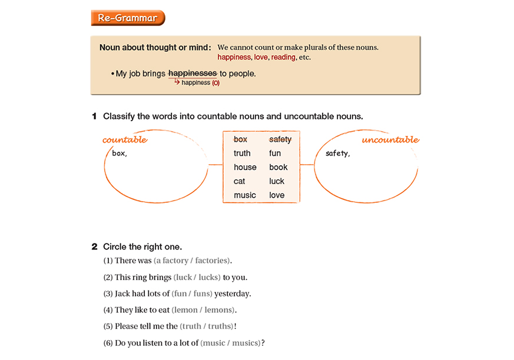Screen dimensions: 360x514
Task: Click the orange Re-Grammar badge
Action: coord(128,18)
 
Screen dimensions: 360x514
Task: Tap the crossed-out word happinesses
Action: coord(193,74)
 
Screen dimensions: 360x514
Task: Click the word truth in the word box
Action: coord(242,154)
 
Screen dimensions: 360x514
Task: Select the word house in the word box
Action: coord(245,168)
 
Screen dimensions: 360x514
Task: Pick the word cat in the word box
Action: coord(239,181)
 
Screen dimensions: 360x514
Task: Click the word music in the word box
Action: coord(245,195)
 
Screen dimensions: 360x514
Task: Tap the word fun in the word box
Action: coord(275,154)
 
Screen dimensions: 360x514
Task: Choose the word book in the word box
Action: coord(278,168)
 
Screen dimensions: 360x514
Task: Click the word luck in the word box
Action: coord(277,181)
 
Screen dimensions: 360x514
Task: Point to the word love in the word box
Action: coord(277,195)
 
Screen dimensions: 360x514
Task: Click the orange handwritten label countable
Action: coord(124,140)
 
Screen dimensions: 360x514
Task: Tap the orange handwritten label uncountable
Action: coord(390,140)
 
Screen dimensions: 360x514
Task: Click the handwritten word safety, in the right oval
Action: coord(338,154)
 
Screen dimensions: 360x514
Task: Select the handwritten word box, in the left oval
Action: coord(120,154)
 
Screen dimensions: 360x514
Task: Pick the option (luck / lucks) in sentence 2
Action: coord(197,277)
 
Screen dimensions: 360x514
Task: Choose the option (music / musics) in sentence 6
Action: coord(231,343)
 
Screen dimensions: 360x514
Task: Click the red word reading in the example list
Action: coord(283,58)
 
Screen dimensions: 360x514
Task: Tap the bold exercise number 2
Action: coord(94,246)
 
